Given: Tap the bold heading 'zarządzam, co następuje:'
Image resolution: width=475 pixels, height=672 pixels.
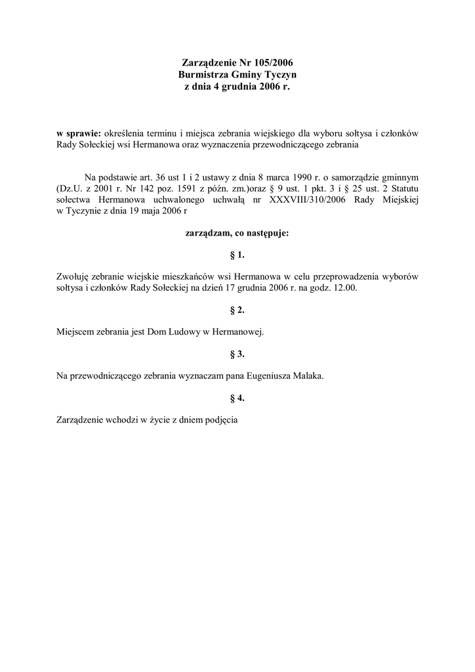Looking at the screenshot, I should coord(237,232).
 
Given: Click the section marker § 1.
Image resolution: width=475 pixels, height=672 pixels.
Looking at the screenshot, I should coord(237,254).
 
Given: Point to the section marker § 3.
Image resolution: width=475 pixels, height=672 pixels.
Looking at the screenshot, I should coord(237,354).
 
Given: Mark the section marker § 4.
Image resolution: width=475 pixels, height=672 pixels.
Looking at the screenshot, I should coord(237,398).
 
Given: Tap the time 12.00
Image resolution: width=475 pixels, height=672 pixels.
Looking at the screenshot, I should coord(344,287).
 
